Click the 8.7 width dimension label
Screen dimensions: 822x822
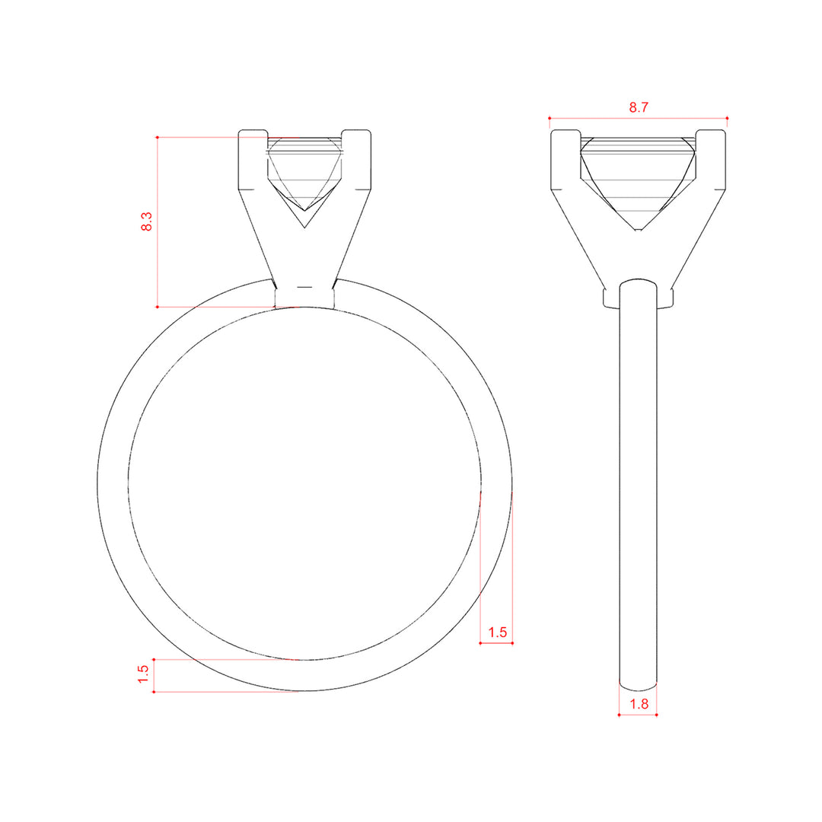(x=639, y=107)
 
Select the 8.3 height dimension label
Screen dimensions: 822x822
(x=146, y=221)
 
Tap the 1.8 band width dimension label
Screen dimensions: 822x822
(x=639, y=704)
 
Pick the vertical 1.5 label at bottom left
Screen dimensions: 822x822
(x=143, y=674)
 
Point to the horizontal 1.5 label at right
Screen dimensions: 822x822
(x=498, y=632)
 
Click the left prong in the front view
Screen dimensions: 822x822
(x=253, y=160)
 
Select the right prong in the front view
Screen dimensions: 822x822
(x=356, y=160)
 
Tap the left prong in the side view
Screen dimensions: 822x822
(x=566, y=160)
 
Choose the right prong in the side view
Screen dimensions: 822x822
(x=711, y=160)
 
